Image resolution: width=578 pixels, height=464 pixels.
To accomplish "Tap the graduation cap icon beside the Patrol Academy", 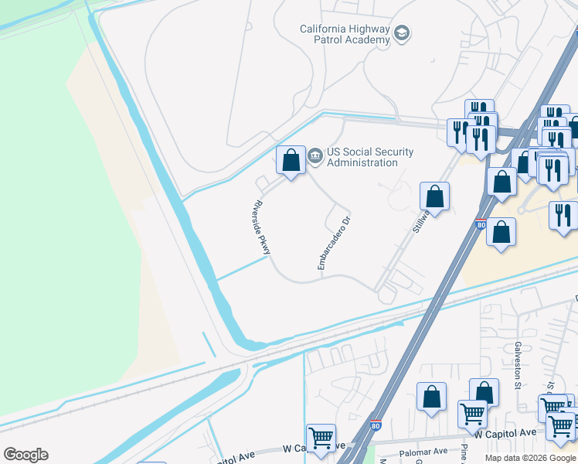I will (x=401, y=33).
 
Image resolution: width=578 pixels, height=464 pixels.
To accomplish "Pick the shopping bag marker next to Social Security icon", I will (x=291, y=161).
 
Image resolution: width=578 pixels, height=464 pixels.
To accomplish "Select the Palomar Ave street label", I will (x=423, y=451).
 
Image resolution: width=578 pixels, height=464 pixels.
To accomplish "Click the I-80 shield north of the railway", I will (x=480, y=225).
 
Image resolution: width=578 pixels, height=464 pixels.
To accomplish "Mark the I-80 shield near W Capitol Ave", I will (x=375, y=425).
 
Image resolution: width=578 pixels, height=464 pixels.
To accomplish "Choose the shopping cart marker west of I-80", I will (x=321, y=438).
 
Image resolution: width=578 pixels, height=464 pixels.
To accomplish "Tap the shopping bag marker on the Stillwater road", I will (x=435, y=196).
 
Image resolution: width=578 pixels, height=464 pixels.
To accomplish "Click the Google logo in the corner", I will (x=25, y=455).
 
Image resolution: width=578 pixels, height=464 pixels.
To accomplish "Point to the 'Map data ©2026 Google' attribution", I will (x=530, y=458).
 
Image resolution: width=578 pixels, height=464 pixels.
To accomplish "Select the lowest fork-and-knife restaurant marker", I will (x=563, y=214).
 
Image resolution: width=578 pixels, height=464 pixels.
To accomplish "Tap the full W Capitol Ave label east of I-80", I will (x=505, y=435).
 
